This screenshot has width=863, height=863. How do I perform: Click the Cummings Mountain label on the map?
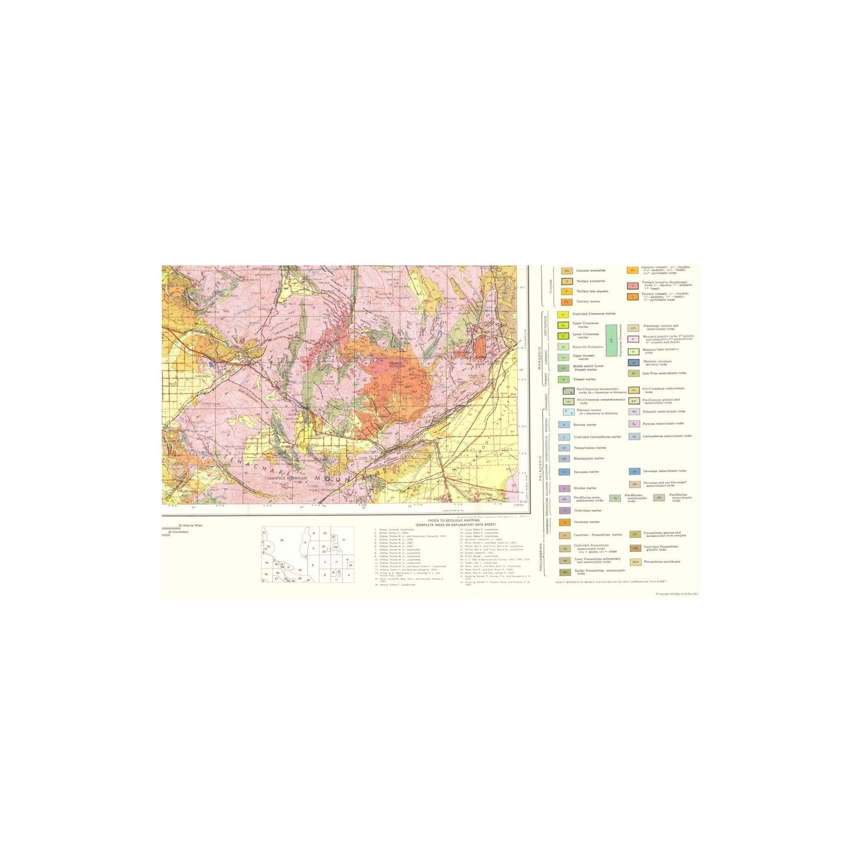288,478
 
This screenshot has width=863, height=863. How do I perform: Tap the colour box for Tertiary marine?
567,302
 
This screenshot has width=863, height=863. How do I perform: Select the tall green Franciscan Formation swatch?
611,341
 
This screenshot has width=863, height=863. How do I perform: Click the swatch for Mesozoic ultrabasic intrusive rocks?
633,363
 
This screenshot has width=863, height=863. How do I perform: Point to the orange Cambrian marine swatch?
564,522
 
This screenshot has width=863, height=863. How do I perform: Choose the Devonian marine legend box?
564,472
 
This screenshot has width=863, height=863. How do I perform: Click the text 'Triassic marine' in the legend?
584,379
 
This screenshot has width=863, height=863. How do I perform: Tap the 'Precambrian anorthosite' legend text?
662,561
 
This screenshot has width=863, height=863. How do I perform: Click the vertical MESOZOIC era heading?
539,357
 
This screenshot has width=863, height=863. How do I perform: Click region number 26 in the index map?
282,540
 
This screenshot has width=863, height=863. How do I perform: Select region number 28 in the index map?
336,546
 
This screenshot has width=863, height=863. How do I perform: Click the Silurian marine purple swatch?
564,488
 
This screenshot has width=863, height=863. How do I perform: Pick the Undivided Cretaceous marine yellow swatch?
563,314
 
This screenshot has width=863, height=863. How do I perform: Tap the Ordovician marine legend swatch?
564,511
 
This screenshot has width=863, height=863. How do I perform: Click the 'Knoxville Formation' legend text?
588,346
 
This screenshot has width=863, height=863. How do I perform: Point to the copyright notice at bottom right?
677,594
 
